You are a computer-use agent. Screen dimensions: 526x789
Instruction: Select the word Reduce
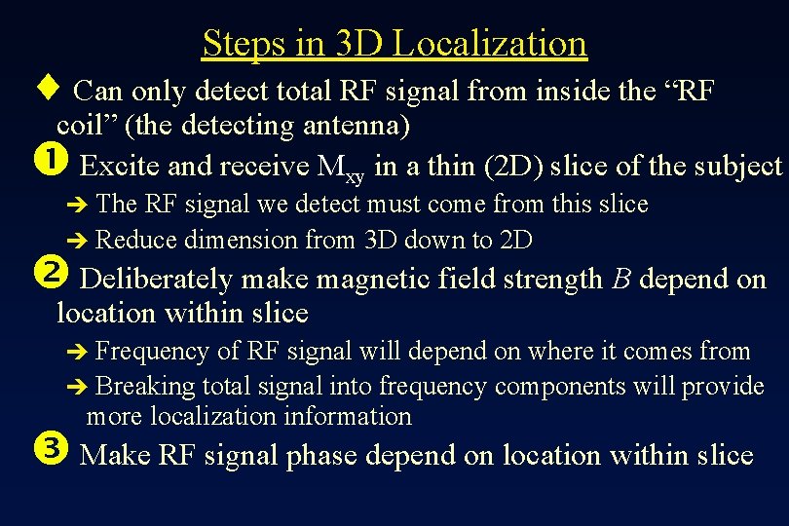(137, 239)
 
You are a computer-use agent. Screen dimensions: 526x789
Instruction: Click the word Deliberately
(156, 280)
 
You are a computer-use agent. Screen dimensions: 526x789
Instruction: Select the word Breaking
(146, 386)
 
